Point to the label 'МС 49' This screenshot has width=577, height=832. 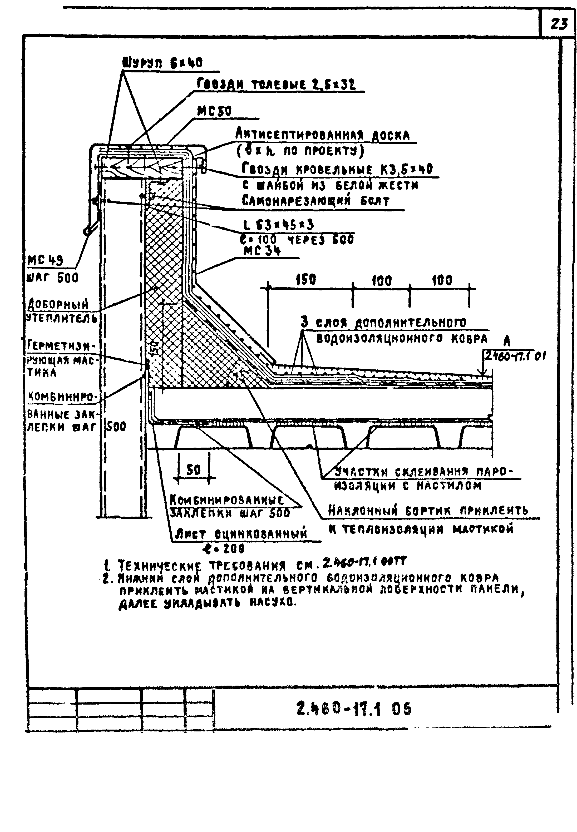click(x=45, y=260)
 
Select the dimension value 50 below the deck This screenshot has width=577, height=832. click(x=193, y=470)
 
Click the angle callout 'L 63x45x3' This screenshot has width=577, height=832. click(x=279, y=225)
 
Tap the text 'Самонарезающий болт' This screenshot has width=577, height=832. click(x=315, y=201)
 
